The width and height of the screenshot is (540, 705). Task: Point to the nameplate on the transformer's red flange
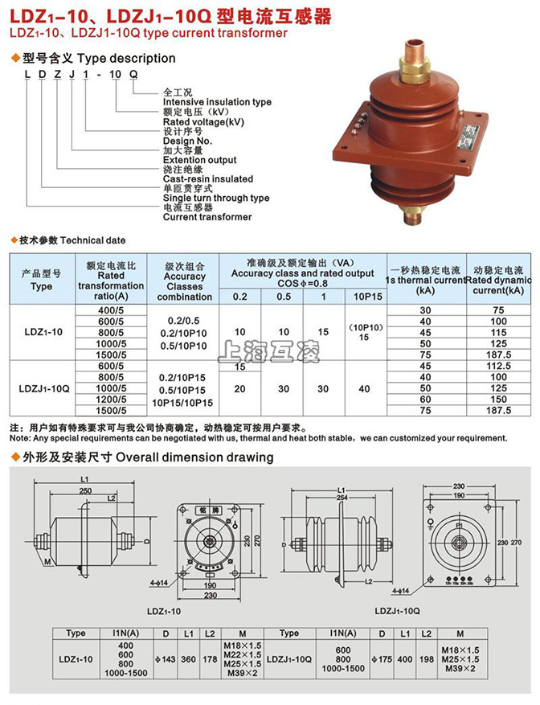(468, 133)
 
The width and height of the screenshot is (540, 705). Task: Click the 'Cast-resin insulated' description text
(207, 178)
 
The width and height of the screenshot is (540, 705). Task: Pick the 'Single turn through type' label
(215, 198)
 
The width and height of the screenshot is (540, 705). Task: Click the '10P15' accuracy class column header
(363, 297)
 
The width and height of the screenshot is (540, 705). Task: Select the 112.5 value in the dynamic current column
(498, 366)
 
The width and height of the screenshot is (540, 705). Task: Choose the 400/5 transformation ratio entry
(111, 309)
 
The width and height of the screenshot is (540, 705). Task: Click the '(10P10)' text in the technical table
(363, 326)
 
